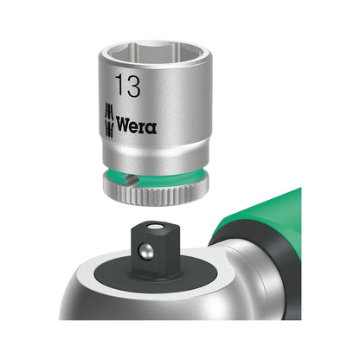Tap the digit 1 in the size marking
click(118, 87)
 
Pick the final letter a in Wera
click(151, 127)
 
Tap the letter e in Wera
click(137, 127)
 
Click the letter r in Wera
click(145, 127)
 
